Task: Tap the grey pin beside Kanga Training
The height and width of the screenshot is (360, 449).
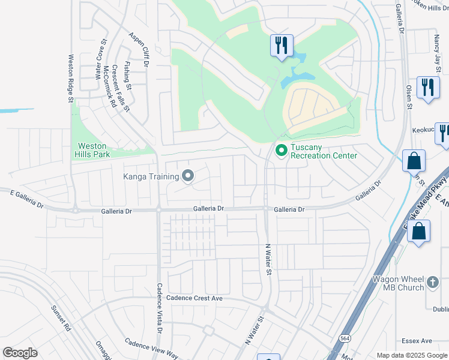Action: click(188, 176)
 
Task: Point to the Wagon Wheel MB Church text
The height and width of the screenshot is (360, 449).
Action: click(398, 283)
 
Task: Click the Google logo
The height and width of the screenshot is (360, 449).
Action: click(20, 353)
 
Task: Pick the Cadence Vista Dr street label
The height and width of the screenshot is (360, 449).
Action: click(160, 308)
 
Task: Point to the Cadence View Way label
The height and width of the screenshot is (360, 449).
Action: click(152, 349)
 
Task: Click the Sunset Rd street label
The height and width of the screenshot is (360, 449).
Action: click(61, 319)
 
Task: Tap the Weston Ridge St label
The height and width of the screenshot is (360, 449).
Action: click(70, 79)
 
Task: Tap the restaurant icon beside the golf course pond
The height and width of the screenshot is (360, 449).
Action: click(281, 44)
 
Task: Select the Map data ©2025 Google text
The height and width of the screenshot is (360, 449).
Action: click(411, 355)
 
